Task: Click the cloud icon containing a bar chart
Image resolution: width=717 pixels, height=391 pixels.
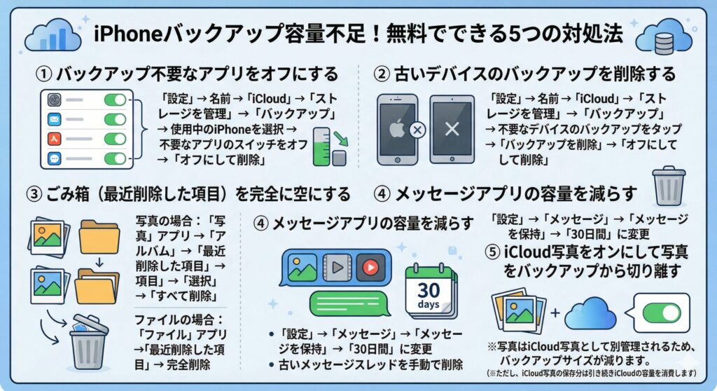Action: (x=53, y=35)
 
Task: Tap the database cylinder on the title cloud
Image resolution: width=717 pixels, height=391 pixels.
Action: (x=664, y=44)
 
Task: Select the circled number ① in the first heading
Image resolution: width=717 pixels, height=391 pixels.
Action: (x=44, y=74)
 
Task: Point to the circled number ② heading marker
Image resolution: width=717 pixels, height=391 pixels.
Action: (x=382, y=74)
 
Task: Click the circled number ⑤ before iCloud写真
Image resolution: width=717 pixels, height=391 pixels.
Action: (x=492, y=252)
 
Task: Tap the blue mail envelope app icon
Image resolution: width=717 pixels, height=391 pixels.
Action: (x=55, y=120)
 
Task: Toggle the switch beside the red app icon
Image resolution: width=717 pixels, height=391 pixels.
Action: (x=115, y=139)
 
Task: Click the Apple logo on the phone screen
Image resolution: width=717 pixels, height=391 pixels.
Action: (x=396, y=128)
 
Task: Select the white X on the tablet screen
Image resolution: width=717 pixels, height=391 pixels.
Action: (x=452, y=129)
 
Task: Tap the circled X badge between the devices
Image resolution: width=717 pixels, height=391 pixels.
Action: (x=417, y=130)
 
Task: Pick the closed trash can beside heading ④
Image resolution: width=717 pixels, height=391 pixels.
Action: (x=669, y=186)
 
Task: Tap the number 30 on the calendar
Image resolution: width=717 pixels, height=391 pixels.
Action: (x=429, y=290)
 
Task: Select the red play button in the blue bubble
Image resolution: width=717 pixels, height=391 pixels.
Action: (x=370, y=267)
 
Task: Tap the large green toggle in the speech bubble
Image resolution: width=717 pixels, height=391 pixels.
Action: (x=662, y=313)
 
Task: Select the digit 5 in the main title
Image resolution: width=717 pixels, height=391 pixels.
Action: (x=515, y=34)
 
